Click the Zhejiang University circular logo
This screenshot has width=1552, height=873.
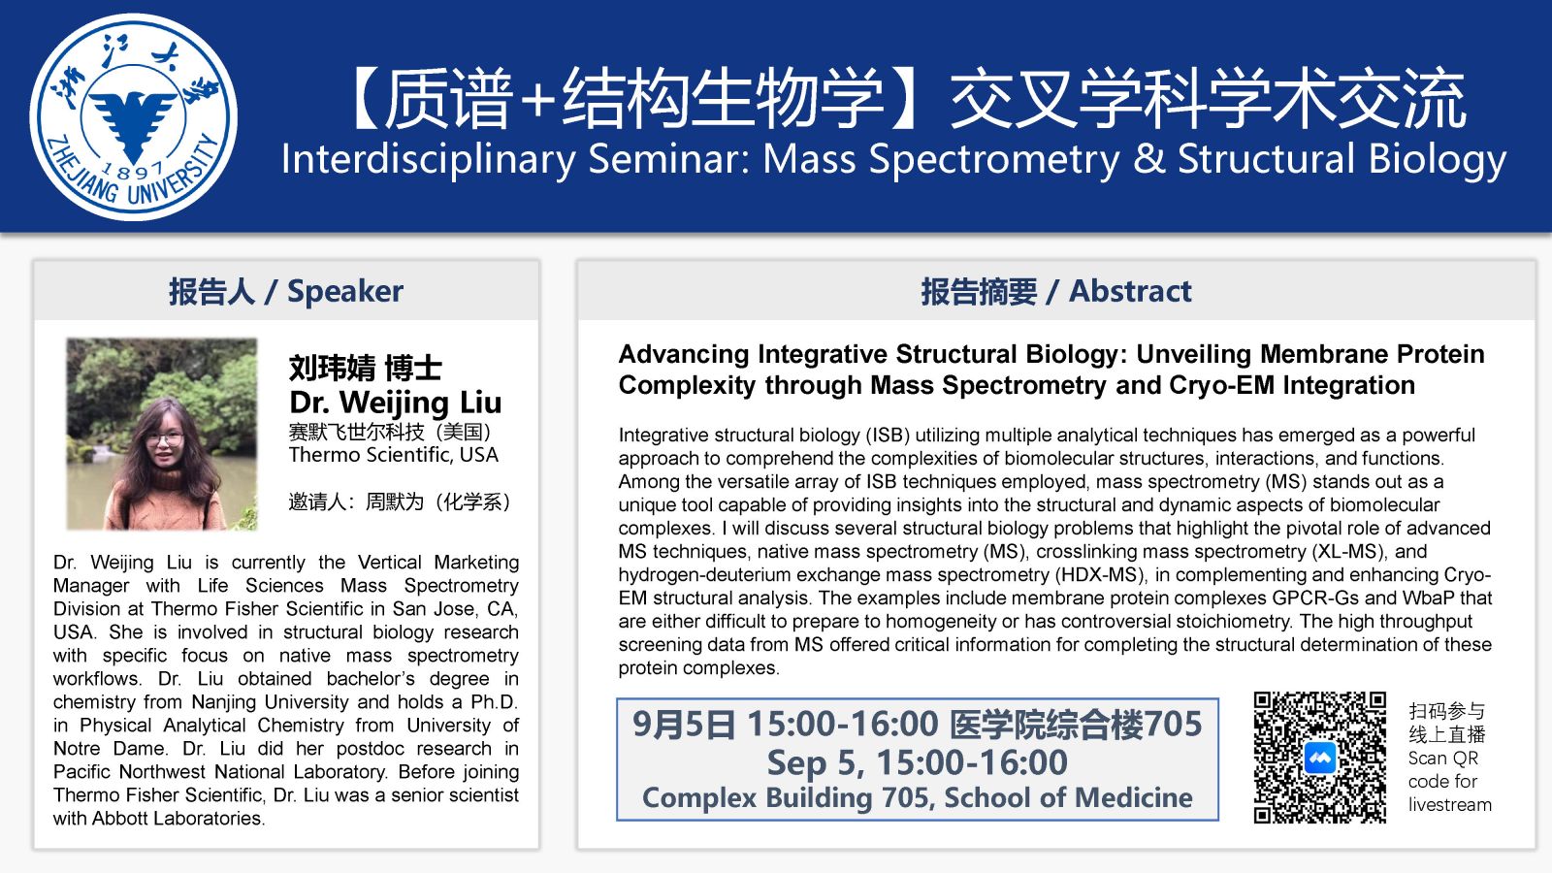pyautogui.click(x=133, y=116)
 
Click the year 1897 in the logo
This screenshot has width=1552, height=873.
pyautogui.click(x=133, y=169)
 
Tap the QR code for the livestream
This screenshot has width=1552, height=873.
pyautogui.click(x=1320, y=758)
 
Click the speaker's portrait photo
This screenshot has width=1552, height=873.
pyautogui.click(x=161, y=434)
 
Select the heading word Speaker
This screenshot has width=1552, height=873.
pyautogui.click(x=345, y=291)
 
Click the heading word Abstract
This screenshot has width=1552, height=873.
pyautogui.click(x=1130, y=291)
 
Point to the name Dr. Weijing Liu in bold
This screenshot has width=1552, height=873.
pyautogui.click(x=395, y=403)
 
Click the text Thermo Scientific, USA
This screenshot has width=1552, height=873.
pyautogui.click(x=394, y=455)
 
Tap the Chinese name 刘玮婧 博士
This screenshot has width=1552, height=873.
pyautogui.click(x=365, y=368)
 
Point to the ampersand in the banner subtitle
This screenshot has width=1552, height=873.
pyautogui.click(x=1148, y=159)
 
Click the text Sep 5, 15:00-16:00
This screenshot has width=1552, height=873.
pyautogui.click(x=918, y=762)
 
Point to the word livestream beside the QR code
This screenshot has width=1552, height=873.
pyautogui.click(x=1449, y=804)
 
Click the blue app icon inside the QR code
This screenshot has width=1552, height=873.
pyautogui.click(x=1320, y=758)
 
